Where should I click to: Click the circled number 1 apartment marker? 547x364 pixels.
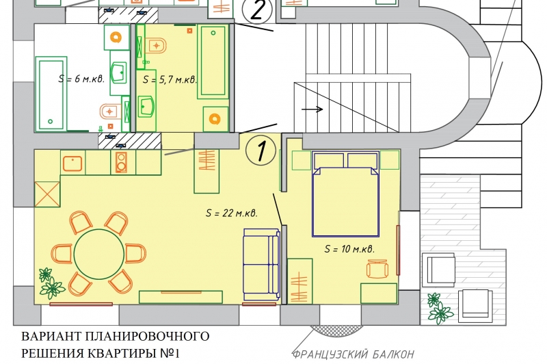coord(261,151)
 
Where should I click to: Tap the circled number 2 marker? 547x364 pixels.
coord(258,10)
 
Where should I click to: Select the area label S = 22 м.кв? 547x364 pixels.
coord(232,213)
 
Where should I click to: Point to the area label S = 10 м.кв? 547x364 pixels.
coord(349,249)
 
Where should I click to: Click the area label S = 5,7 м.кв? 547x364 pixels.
coord(170,79)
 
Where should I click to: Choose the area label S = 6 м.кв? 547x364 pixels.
coord(81,79)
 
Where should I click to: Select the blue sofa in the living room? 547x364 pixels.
coord(262,264)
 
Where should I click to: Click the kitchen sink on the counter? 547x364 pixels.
coord(72,164)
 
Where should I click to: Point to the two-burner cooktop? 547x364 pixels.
coord(121,162)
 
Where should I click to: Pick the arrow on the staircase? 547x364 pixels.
coord(312,109)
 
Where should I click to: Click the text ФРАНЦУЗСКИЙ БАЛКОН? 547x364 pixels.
coord(353,354)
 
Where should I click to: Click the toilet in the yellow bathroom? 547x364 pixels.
coord(156,45)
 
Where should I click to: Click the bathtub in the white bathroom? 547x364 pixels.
coord(51,94)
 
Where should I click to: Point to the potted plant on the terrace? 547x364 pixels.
coord(440,308)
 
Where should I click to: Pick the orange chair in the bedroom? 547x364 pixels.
coord(377,269)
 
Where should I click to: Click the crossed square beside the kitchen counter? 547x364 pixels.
coord(47,194)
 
